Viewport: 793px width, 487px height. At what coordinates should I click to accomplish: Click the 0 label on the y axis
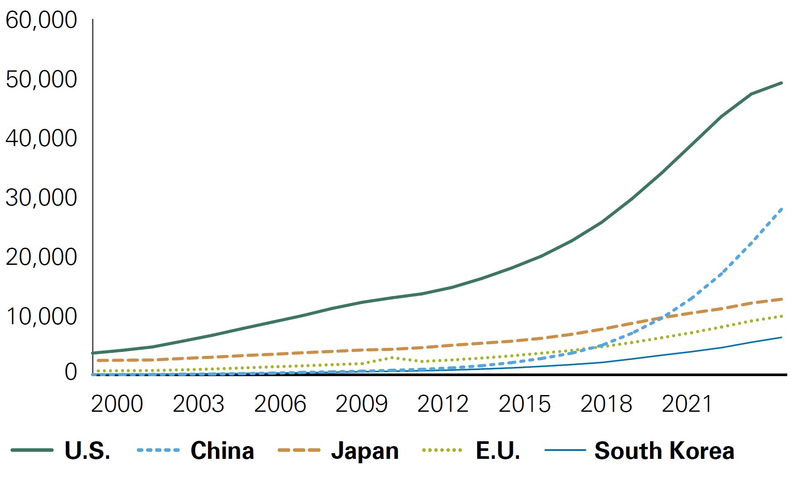pos(70,372)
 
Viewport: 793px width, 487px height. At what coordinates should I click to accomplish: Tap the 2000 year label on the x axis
pos(117,404)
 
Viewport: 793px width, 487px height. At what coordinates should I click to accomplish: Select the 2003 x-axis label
pos(198,404)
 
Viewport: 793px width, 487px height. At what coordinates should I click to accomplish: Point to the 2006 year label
pos(280,404)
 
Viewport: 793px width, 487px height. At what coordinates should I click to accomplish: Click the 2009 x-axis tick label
pos(362,404)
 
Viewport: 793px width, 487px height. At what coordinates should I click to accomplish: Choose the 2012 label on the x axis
pos(443,404)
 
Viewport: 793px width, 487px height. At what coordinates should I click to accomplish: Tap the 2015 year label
pos(524,404)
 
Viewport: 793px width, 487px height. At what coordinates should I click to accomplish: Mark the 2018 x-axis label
pos(606,404)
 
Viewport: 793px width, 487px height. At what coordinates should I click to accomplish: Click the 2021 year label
pos(687,404)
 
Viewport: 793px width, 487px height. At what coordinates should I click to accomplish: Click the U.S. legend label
pos(88,451)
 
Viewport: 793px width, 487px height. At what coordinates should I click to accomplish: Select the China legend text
pos(222,451)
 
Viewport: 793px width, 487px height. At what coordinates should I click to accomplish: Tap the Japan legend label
pos(365,451)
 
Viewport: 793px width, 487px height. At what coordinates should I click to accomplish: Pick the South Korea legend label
pos(664,451)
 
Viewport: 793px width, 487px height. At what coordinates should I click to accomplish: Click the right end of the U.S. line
pos(781,83)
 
